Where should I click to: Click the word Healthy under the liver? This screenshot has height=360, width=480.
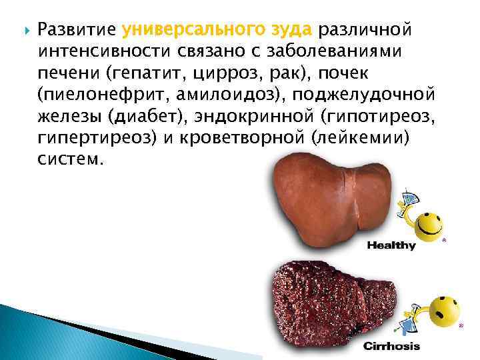pyautogui.click(x=391, y=245)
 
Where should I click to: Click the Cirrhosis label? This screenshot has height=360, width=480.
pyautogui.click(x=391, y=347)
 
